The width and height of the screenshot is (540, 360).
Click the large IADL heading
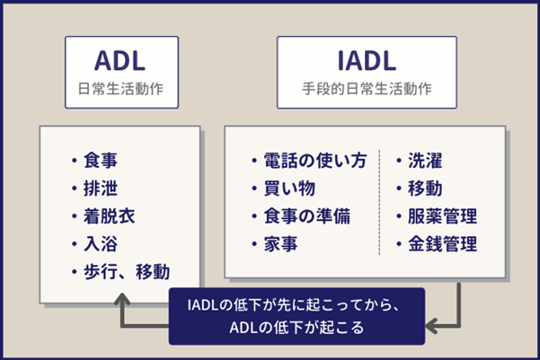[367, 61]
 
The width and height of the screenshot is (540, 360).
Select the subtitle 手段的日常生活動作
[367, 91]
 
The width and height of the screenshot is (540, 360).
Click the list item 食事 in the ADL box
[100, 162]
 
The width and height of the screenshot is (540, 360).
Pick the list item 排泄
[100, 189]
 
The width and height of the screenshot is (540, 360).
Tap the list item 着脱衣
[109, 216]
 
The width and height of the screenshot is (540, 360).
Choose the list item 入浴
[100, 243]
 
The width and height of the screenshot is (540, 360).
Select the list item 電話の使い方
[314, 162]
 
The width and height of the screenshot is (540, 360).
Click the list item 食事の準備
[305, 216]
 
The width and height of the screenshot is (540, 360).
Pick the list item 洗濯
[424, 162]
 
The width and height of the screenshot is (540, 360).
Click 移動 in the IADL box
[424, 189]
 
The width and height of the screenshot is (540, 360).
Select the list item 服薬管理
[441, 216]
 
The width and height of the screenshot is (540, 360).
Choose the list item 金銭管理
[441, 243]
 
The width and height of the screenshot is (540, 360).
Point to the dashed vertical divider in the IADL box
[380, 202]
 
